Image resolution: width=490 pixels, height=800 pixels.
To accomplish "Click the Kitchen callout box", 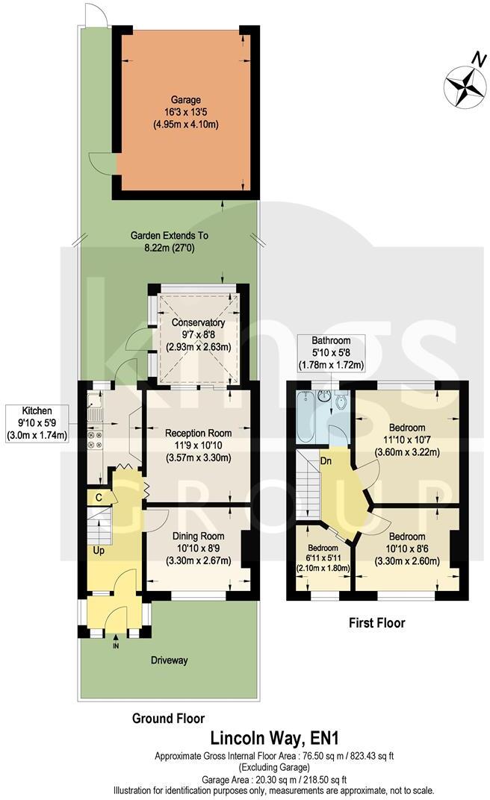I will [x=37, y=422].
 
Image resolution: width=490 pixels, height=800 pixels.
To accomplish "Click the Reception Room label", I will [x=199, y=445].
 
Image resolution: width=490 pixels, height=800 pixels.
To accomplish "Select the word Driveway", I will [x=167, y=660].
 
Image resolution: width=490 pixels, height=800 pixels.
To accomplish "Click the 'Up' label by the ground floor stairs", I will [x=99, y=550].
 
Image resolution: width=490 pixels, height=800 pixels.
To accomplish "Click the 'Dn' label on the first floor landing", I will [x=326, y=460].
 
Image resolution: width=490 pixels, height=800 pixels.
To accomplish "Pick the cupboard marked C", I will [x=99, y=498].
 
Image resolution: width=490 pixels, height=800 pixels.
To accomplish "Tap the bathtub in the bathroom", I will [x=304, y=419].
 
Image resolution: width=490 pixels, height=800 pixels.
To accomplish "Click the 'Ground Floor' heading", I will [x=168, y=719].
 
